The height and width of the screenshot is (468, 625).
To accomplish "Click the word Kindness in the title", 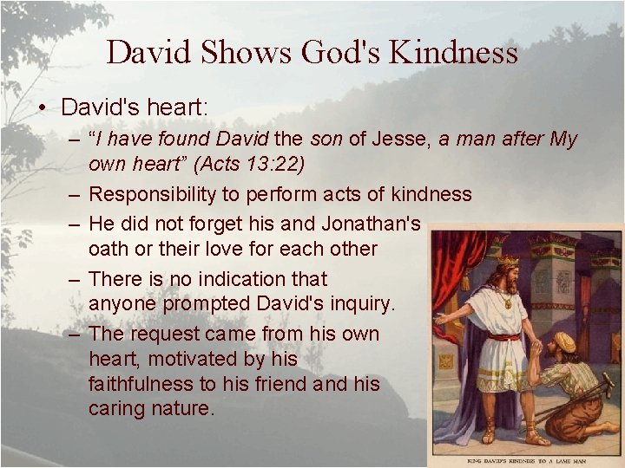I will pyautogui.click(x=454, y=53).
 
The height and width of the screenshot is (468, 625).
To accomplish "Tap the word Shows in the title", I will pyautogui.click(x=247, y=53).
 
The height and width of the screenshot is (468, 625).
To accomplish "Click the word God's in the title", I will pyautogui.click(x=341, y=53).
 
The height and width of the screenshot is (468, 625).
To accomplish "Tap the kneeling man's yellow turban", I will pyautogui.click(x=565, y=341).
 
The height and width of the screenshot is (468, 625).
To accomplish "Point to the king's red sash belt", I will pyautogui.click(x=503, y=336).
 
